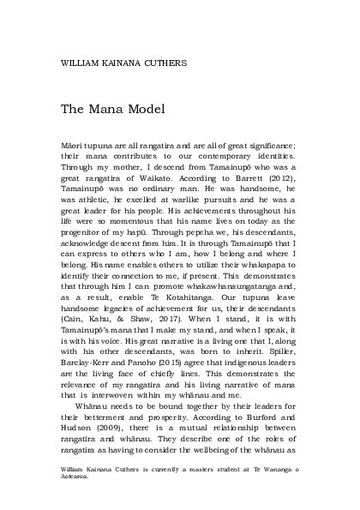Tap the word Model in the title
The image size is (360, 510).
point(141,110)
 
